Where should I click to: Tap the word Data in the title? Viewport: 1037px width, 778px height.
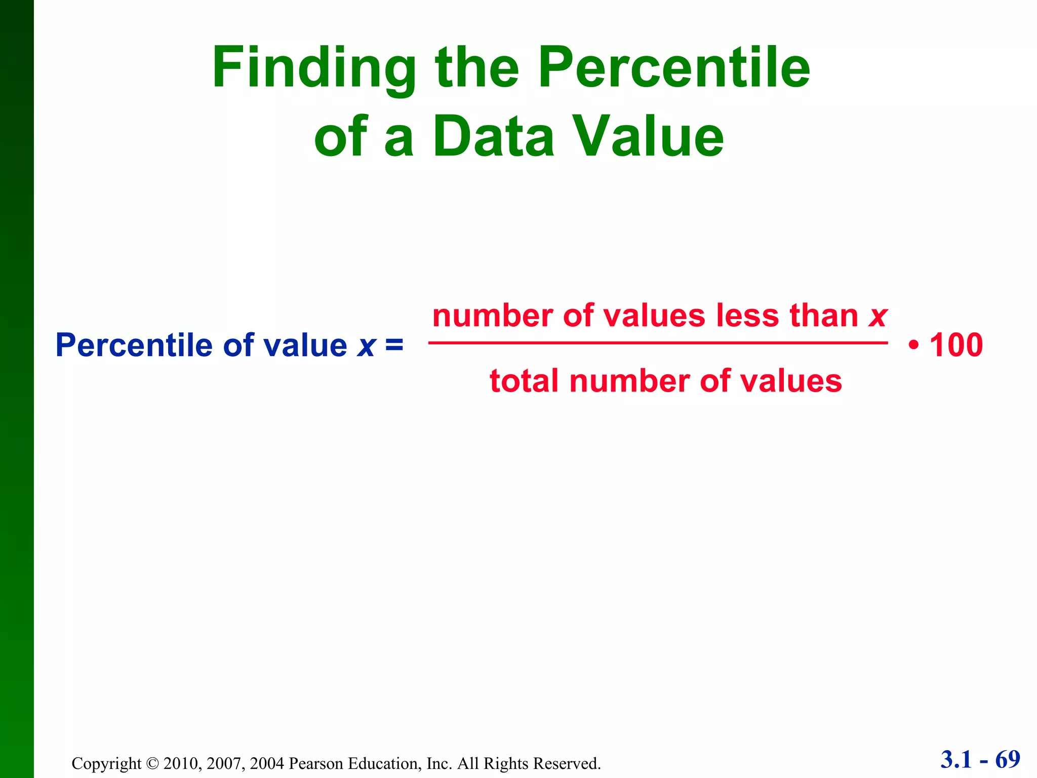494,136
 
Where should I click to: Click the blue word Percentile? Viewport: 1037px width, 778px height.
135,345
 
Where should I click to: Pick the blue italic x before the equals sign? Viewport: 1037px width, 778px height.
366,346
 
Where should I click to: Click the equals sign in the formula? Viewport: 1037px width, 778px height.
394,345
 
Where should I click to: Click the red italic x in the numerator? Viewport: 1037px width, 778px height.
878,317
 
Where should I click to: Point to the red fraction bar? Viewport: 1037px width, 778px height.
658,343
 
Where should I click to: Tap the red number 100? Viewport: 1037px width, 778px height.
956,345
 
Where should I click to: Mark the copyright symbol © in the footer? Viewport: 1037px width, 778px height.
152,763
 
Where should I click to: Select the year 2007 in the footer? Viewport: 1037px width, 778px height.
225,763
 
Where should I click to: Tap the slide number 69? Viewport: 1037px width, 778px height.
1008,760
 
